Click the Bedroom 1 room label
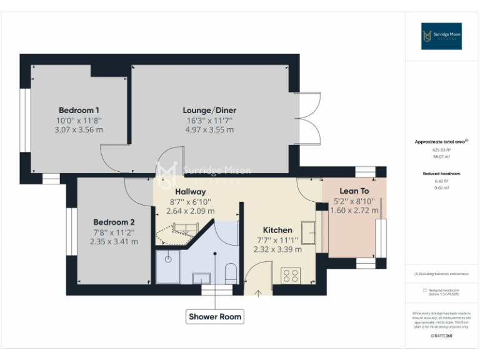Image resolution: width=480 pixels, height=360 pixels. pos(79,110)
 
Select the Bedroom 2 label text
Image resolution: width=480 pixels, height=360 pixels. pos(114,222)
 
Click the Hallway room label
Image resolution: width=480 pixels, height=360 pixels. pos(190,191)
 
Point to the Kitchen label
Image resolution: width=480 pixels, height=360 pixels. pos(277,229)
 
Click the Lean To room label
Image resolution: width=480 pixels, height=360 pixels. pos(354,191)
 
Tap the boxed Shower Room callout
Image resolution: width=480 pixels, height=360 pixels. pos(215,317)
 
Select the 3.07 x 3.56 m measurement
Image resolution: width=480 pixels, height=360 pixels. pos(79,130)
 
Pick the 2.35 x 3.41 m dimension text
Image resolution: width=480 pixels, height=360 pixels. pos(114,241)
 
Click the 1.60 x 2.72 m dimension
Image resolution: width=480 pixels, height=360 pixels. pos(354,211)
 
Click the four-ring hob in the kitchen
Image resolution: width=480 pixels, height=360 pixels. pos(291,275)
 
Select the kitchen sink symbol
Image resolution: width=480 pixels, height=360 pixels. pos(309,232)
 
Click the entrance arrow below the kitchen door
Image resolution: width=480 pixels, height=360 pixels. pos(258,291)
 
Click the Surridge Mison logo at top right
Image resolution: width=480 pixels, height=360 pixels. pos(441,36)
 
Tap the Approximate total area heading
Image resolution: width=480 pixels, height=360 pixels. pos(441,142)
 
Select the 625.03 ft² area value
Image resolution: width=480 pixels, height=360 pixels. pos(441,150)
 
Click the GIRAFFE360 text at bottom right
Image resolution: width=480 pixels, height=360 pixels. pos(441,336)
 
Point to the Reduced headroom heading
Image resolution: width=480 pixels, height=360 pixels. pos(441,173)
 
